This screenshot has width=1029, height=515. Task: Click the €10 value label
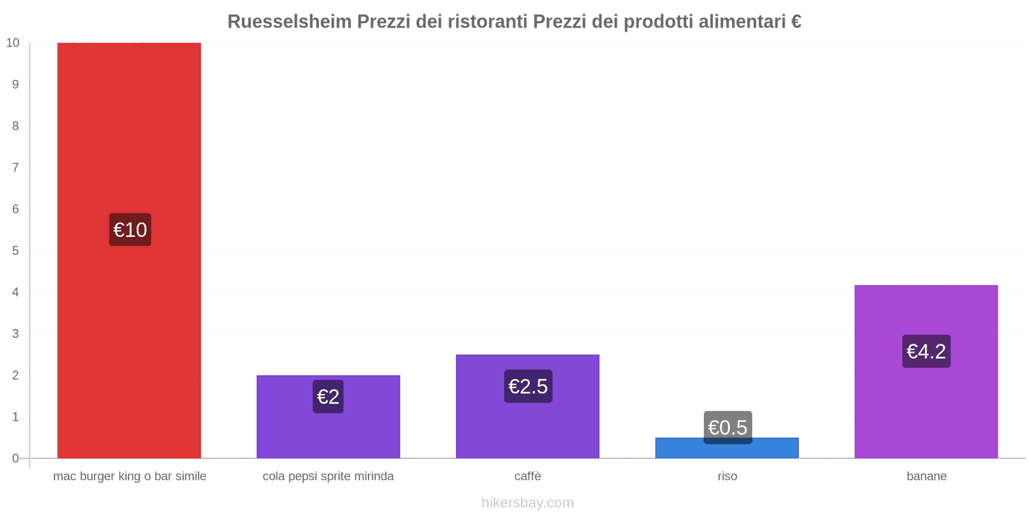(x=130, y=230)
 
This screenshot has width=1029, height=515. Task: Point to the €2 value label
(x=328, y=397)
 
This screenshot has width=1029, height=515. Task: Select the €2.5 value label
(x=528, y=386)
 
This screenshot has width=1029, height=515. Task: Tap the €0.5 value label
(x=727, y=427)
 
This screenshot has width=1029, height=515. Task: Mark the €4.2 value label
(x=926, y=351)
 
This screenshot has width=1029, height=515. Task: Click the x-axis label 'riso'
(x=727, y=476)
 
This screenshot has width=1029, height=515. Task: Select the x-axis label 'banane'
(x=926, y=476)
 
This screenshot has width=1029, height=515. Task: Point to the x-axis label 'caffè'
(x=527, y=476)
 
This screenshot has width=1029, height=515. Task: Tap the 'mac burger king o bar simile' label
(x=130, y=476)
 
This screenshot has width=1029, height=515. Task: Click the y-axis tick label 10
(x=13, y=43)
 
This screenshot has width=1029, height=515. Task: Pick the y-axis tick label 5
(x=15, y=250)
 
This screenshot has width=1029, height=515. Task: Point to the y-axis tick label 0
(x=15, y=458)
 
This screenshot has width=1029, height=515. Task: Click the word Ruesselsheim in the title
(x=289, y=22)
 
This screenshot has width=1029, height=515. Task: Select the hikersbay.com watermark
(x=527, y=503)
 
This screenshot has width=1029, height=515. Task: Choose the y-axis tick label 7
(x=15, y=167)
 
